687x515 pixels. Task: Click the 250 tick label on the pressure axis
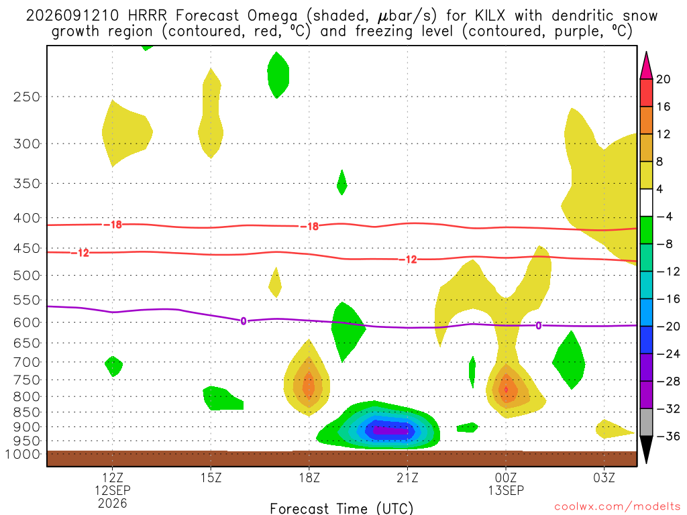click(27, 97)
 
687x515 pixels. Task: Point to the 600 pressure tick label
click(27, 323)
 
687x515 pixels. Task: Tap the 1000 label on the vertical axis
click(23, 454)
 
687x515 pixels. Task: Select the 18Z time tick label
click(309, 477)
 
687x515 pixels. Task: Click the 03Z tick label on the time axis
click(604, 477)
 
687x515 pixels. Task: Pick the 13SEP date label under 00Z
click(506, 490)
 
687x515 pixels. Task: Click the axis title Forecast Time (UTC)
click(341, 508)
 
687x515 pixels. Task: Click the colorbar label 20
click(663, 79)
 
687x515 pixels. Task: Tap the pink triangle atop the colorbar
click(646, 66)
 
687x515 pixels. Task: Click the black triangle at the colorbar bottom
click(646, 449)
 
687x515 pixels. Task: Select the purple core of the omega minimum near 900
click(390, 431)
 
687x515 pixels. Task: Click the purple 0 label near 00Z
click(539, 326)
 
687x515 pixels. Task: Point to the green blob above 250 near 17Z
click(278, 75)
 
